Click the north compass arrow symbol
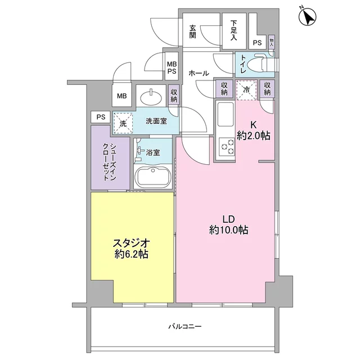pyautogui.click(x=308, y=16)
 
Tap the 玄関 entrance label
pyautogui.click(x=192, y=31)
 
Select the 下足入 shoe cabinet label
pyautogui.click(x=234, y=30)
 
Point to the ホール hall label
pyautogui.click(x=199, y=73)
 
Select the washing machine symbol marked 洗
pyautogui.click(x=123, y=123)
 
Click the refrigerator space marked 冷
pyautogui.click(x=246, y=90)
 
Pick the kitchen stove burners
pyautogui.click(x=227, y=146)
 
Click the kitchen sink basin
pyautogui.click(x=226, y=114)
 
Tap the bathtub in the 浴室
pyautogui.click(x=152, y=177)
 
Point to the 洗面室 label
pyautogui.click(x=156, y=121)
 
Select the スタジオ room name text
pyautogui.click(x=131, y=242)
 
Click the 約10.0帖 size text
pyautogui.click(x=229, y=230)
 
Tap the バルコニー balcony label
pyautogui.click(x=185, y=326)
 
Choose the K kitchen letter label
pyautogui.click(x=253, y=125)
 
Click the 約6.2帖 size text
pyautogui.click(x=131, y=254)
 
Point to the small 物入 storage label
pyautogui.click(x=271, y=42)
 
